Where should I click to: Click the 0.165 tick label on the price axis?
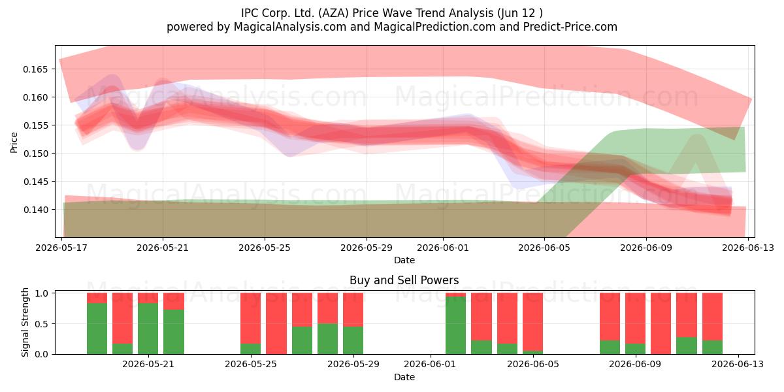click(x=35, y=69)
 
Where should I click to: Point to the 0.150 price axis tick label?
click(x=35, y=154)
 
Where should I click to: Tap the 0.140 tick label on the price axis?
click(x=35, y=210)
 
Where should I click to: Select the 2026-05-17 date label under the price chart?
click(x=61, y=248)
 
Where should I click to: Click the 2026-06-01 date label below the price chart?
click(x=443, y=248)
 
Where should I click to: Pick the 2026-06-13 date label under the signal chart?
click(x=738, y=365)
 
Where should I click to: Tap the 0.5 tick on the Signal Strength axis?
click(x=42, y=324)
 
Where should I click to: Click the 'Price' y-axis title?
click(x=14, y=142)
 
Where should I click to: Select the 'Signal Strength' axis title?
click(x=25, y=322)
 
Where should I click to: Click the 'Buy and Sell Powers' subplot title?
click(x=404, y=280)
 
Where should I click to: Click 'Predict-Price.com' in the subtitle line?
click(x=570, y=27)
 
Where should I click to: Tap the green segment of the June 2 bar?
click(x=456, y=325)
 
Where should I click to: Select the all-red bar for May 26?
click(x=276, y=323)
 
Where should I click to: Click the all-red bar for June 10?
click(x=661, y=323)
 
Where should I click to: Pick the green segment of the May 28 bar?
click(x=327, y=339)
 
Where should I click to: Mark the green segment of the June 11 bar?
click(x=687, y=346)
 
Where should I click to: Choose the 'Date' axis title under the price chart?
click(x=404, y=260)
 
